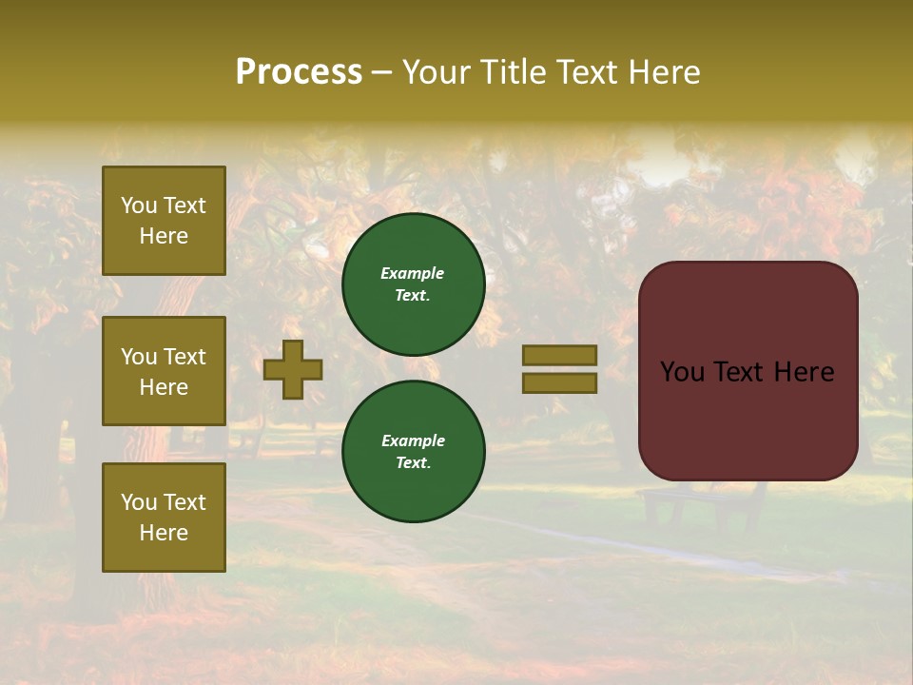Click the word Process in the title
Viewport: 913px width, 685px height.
[299, 72]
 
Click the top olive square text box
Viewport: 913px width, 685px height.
[164, 221]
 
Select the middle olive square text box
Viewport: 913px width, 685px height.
[164, 371]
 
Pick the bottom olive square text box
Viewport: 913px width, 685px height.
[164, 518]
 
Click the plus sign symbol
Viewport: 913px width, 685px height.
[293, 369]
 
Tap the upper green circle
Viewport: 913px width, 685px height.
[414, 284]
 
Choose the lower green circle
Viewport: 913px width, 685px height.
[414, 452]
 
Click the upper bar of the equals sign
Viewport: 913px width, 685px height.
[559, 355]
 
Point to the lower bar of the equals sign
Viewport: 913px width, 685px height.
[559, 383]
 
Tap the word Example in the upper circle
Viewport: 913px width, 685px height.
[413, 273]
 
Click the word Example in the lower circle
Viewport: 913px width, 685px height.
[413, 440]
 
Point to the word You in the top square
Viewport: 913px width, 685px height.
[138, 205]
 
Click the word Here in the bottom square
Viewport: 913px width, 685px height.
[164, 533]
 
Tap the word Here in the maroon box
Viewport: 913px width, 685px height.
[803, 372]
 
